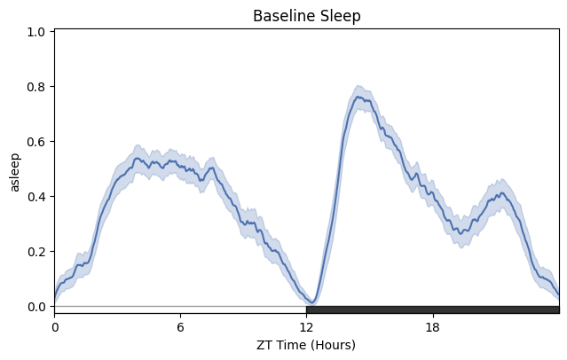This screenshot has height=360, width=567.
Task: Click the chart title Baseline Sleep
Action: click(x=306, y=16)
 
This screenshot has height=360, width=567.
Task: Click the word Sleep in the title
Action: click(x=338, y=16)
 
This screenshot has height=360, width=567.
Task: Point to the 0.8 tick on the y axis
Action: click(x=38, y=87)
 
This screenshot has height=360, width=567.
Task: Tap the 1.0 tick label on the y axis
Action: click(x=38, y=32)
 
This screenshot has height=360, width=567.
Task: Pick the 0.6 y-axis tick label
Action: click(x=38, y=142)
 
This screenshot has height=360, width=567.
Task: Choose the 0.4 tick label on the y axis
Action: click(x=38, y=197)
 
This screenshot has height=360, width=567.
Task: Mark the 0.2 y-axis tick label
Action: click(x=38, y=252)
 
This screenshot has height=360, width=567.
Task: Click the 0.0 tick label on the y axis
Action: click(x=38, y=307)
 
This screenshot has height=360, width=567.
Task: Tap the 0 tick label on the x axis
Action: click(x=54, y=325)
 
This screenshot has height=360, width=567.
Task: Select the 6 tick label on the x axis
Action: click(x=180, y=325)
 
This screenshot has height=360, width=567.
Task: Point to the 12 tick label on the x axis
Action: click(x=306, y=325)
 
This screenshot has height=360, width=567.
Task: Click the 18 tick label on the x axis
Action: click(x=432, y=325)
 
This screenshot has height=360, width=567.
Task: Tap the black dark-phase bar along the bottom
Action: click(x=432, y=309)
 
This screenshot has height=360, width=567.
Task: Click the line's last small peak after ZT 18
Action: click(x=501, y=193)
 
